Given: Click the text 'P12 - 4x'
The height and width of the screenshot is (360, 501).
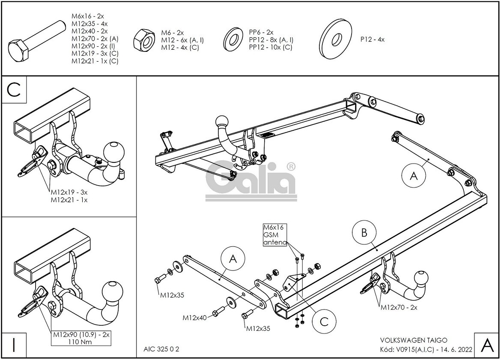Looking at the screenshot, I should (x=373, y=39).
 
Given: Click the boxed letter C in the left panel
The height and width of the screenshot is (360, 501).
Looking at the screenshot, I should (x=15, y=90).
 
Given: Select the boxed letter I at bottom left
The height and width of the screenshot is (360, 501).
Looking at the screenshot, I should (x=15, y=345).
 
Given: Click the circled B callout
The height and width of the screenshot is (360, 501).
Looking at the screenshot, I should (x=364, y=233).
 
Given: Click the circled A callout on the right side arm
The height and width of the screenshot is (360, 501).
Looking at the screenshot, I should (x=414, y=176).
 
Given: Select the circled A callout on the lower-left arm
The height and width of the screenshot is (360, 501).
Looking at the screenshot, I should (x=233, y=258).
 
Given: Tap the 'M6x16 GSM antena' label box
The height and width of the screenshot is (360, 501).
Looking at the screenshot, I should (x=274, y=234).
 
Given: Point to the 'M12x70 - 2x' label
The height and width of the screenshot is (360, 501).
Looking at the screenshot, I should (x=399, y=307).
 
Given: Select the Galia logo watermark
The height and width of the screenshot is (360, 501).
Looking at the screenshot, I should (x=250, y=180).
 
